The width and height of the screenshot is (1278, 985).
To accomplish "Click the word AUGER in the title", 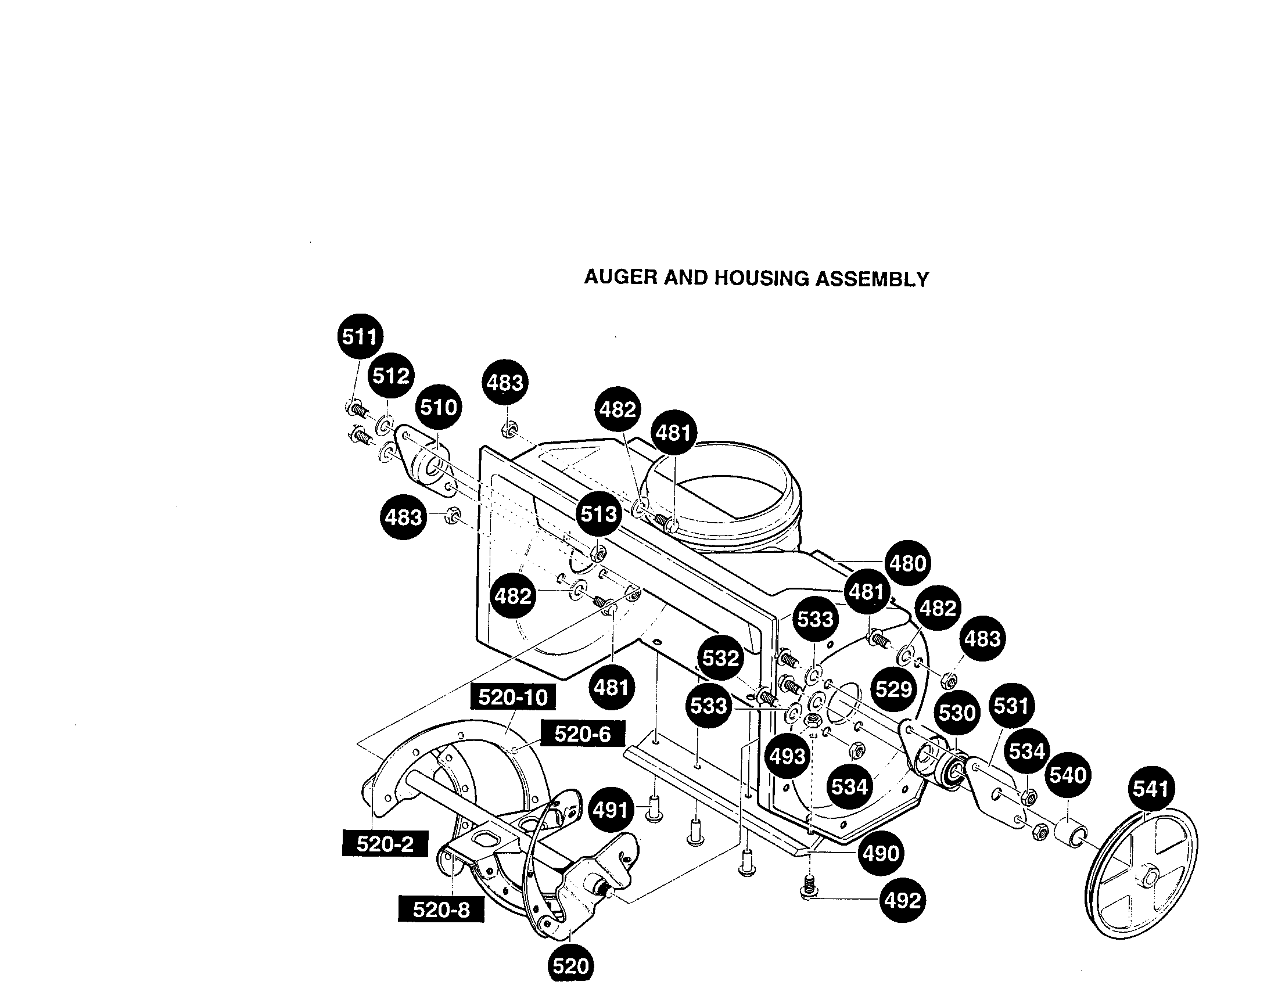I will click(620, 277).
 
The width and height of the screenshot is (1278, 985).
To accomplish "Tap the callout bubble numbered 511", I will click(361, 336).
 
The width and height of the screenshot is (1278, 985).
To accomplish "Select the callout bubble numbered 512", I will click(391, 375).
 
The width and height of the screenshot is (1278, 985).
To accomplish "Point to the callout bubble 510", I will click(439, 407).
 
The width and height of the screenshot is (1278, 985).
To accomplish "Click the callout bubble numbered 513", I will click(598, 514).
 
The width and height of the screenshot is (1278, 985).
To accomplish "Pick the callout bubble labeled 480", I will click(907, 563).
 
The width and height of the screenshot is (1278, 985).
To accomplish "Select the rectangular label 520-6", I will click(582, 734).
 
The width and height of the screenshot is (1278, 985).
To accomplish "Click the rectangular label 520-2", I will click(385, 843).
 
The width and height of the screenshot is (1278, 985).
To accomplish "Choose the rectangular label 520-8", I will click(441, 909).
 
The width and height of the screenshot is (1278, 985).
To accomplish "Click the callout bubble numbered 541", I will click(1150, 789).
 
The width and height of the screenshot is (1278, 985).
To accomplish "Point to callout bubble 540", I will click(1068, 775).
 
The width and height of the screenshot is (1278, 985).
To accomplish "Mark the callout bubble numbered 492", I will click(902, 900).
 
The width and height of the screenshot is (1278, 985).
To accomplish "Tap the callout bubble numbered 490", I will click(881, 853).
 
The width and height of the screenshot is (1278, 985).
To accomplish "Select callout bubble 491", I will click(611, 810).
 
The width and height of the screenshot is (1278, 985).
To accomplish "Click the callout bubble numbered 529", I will click(893, 689).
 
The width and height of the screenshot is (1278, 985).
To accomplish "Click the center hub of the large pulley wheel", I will click(1145, 876).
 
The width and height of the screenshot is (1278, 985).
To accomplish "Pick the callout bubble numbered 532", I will click(720, 658).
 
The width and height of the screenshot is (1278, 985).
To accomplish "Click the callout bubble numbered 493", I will click(788, 756).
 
